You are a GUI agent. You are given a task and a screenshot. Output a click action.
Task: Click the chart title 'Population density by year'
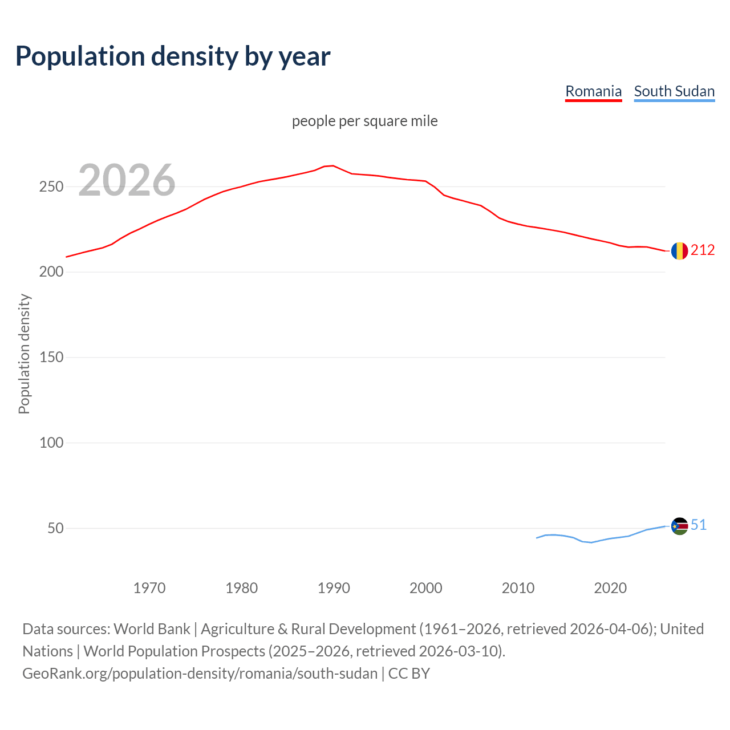pos(173,56)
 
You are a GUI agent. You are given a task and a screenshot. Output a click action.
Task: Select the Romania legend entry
pos(593,91)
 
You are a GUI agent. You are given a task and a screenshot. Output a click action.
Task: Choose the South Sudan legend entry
pos(674,91)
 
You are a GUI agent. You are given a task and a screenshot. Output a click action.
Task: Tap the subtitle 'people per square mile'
pos(365,121)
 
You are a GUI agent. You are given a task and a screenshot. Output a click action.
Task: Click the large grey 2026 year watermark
pos(127,180)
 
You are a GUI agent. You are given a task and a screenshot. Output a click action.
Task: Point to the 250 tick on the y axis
pos(51,187)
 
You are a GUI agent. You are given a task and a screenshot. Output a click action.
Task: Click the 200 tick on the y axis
pos(51,272)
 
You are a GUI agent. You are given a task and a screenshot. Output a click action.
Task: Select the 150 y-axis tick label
pos(51,358)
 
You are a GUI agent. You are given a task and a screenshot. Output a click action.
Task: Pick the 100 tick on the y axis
pos(51,443)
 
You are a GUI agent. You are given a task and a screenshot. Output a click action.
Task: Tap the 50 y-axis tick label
pos(55,528)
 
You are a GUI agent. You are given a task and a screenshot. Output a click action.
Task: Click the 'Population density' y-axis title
pos(24,354)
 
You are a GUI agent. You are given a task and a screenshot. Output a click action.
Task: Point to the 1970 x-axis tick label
pos(149,588)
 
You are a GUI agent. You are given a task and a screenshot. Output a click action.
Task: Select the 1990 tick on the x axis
pos(334,588)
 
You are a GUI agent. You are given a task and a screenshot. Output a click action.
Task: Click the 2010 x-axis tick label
pos(518,588)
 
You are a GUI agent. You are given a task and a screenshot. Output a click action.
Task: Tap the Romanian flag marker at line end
pos(679,251)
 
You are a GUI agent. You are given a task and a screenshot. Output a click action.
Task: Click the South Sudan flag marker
pos(679,526)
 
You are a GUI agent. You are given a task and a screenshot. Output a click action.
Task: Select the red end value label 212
pos(703,250)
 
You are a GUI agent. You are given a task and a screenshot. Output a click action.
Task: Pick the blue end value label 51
pos(699,525)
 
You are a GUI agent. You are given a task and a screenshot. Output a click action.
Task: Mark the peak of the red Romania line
pos(333,166)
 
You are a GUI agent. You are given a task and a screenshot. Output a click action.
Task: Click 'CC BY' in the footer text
pos(409,674)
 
